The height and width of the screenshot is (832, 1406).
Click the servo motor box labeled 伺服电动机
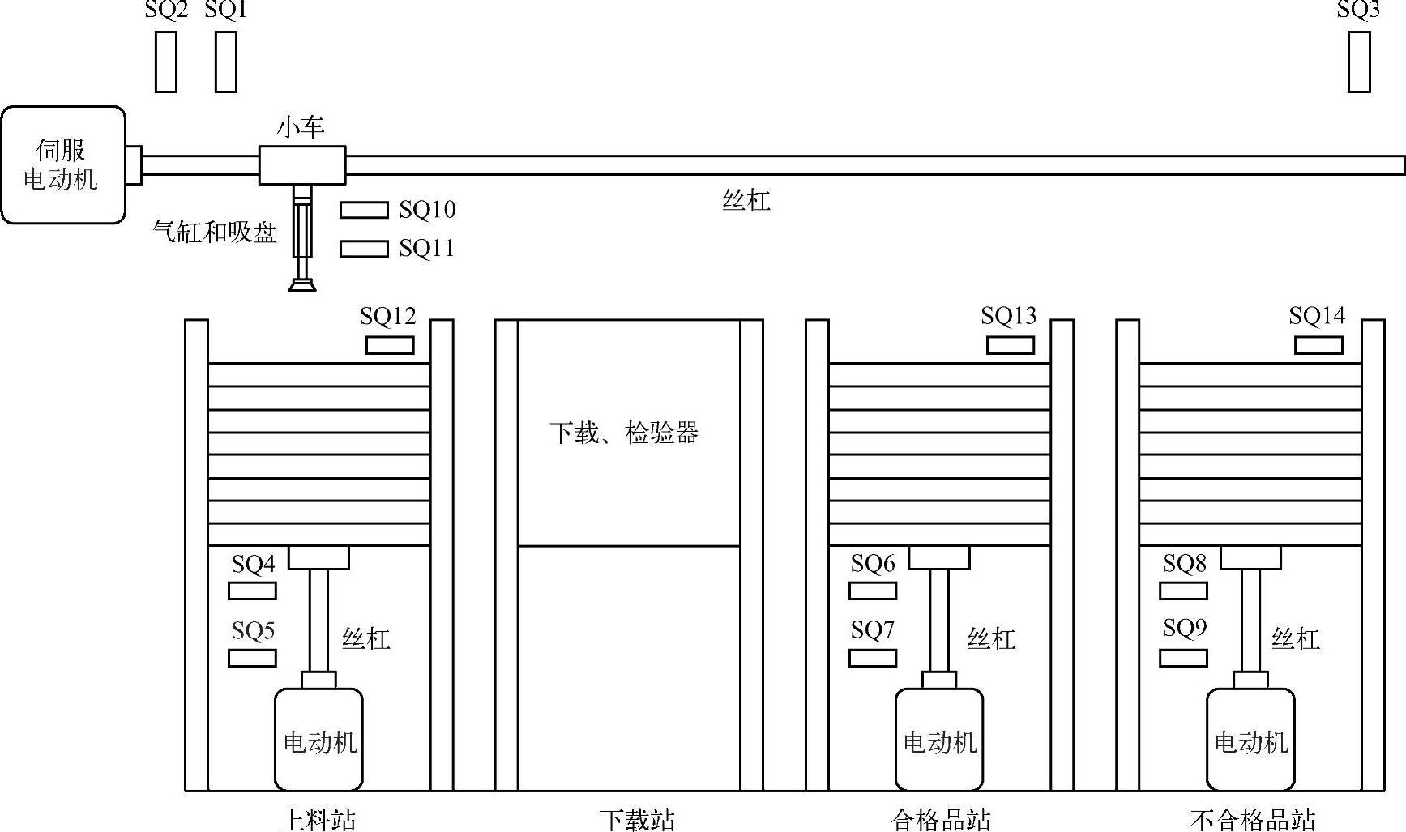(x=63, y=164)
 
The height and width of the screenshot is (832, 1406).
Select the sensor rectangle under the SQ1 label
(x=226, y=62)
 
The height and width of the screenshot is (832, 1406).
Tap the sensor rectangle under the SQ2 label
(x=166, y=62)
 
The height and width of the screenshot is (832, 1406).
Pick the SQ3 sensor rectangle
(x=1359, y=62)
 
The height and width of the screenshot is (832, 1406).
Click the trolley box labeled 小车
(x=302, y=164)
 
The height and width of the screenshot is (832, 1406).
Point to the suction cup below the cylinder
(x=302, y=284)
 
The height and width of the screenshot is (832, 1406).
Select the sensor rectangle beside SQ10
(x=364, y=210)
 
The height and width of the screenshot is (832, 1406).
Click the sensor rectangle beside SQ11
(x=364, y=249)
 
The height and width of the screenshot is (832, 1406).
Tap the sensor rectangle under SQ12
(x=390, y=345)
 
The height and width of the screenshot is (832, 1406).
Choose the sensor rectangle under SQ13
(x=1010, y=345)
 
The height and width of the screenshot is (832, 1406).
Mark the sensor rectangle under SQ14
(x=1318, y=345)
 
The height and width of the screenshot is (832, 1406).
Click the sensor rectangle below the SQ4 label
(x=252, y=591)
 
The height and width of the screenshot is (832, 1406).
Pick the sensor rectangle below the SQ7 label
(x=872, y=658)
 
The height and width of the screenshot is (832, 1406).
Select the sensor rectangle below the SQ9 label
(x=1183, y=658)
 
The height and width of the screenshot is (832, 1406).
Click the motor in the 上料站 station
(x=318, y=740)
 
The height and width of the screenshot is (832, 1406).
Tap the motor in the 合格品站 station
(x=939, y=740)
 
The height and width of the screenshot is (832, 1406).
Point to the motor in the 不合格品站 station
(x=1250, y=740)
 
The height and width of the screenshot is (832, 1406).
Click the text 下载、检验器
(x=624, y=433)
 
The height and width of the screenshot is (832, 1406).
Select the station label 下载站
(x=637, y=820)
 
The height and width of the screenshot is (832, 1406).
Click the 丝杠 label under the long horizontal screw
(x=746, y=200)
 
